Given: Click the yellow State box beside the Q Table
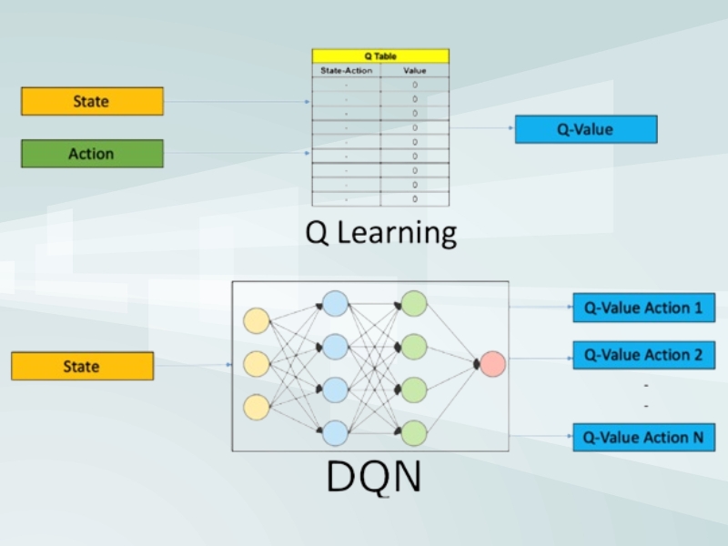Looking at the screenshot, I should pyautogui.click(x=92, y=101).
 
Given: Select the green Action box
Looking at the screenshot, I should pyautogui.click(x=92, y=154).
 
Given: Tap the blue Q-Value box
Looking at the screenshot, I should pyautogui.click(x=585, y=129).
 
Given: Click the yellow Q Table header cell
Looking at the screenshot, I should pyautogui.click(x=380, y=56).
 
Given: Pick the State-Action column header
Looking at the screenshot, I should pyautogui.click(x=346, y=70).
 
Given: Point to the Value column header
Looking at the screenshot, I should pyautogui.click(x=414, y=70).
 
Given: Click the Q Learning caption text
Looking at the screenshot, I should pyautogui.click(x=380, y=232).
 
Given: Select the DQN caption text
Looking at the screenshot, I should pyautogui.click(x=373, y=477).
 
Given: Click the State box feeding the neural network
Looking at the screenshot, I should pyautogui.click(x=82, y=367).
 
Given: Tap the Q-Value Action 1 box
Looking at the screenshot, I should pyautogui.click(x=642, y=308).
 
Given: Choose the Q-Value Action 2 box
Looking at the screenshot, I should pyautogui.click(x=642, y=355).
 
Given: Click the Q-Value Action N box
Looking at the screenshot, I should pyautogui.click(x=642, y=438).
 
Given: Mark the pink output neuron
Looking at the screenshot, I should pyautogui.click(x=492, y=364).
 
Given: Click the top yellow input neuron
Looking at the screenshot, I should pyautogui.click(x=257, y=321).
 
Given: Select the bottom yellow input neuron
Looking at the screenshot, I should pyautogui.click(x=257, y=407).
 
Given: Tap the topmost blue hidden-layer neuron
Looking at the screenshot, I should pyautogui.click(x=336, y=303).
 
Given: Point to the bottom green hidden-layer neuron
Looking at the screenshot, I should pyautogui.click(x=414, y=432).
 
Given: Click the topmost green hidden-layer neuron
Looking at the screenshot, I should pyautogui.click(x=414, y=303).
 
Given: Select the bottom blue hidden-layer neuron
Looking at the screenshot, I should pyautogui.click(x=336, y=432).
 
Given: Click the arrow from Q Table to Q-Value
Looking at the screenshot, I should pyautogui.click(x=482, y=128).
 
